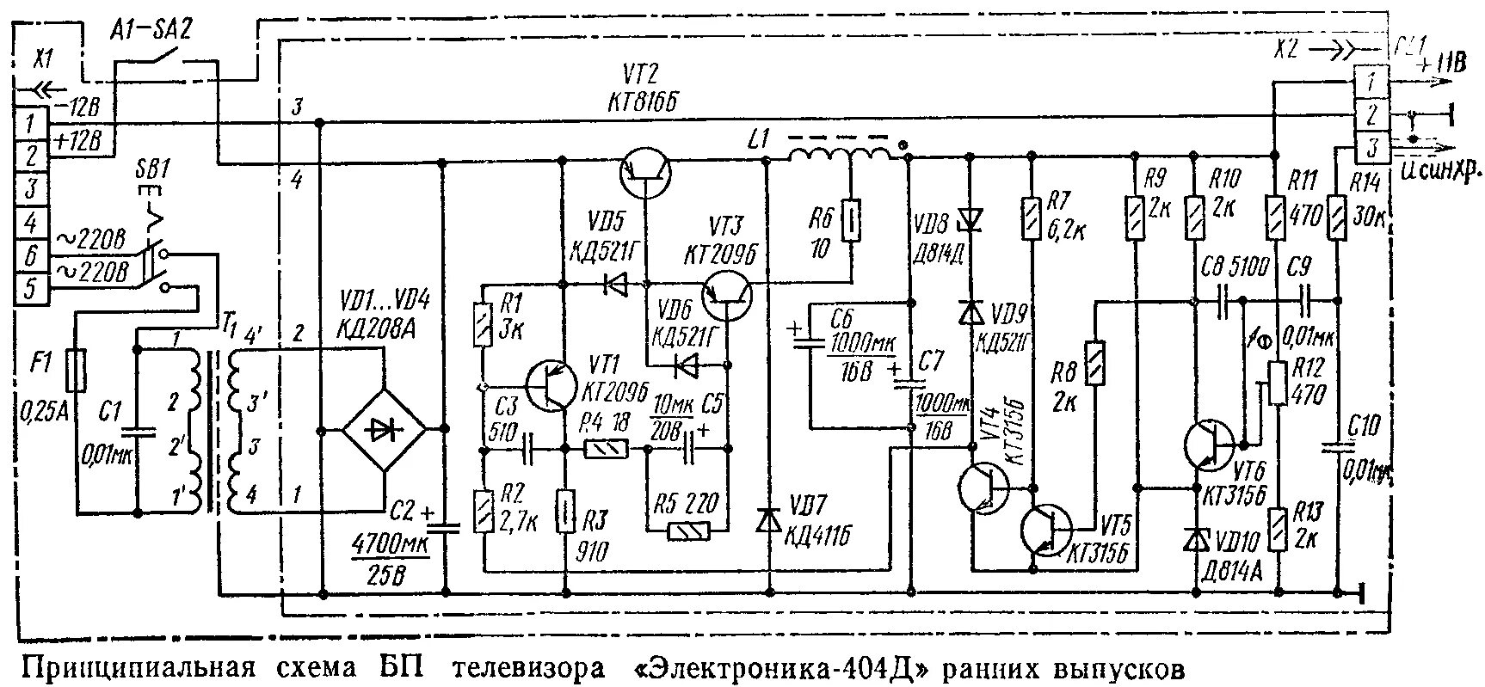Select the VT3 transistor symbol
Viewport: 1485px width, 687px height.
[727, 293]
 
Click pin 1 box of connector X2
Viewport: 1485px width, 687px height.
[1371, 83]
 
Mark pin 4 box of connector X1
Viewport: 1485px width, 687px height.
[30, 224]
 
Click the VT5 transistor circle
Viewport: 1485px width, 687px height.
[1048, 530]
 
